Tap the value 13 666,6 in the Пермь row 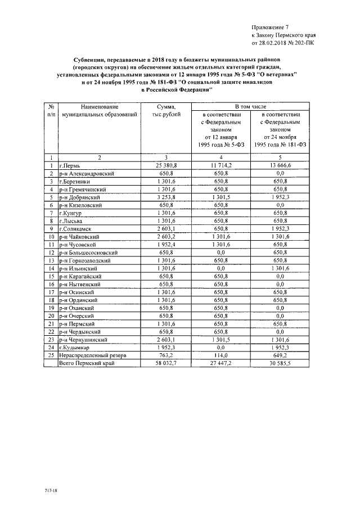point(280,166)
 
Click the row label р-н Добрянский point(80,198)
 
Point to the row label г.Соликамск point(76,229)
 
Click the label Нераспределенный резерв point(93,355)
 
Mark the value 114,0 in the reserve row point(221,355)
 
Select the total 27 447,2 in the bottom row point(221,364)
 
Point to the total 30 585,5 point(280,364)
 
